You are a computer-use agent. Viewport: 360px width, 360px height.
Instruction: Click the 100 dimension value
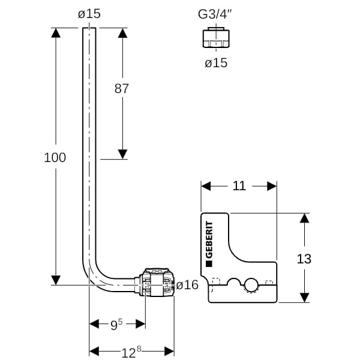55,158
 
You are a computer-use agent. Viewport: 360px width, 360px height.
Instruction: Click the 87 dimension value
122,88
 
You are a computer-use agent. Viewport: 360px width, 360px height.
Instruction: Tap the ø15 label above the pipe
89,14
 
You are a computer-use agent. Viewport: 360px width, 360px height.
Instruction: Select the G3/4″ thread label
215,14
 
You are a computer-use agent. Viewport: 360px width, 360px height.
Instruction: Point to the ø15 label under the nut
216,62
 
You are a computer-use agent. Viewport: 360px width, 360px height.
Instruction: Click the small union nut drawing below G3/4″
215,39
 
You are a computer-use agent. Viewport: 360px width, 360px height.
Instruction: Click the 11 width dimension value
239,186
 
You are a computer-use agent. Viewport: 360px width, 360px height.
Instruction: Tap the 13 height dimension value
304,259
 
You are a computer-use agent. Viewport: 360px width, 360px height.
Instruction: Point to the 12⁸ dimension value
131,352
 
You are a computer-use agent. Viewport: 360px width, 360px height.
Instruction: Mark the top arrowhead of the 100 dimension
55,32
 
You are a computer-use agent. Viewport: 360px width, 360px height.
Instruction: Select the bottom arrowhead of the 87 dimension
122,154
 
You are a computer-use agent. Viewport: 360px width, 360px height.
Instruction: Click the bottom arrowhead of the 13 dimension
304,297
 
